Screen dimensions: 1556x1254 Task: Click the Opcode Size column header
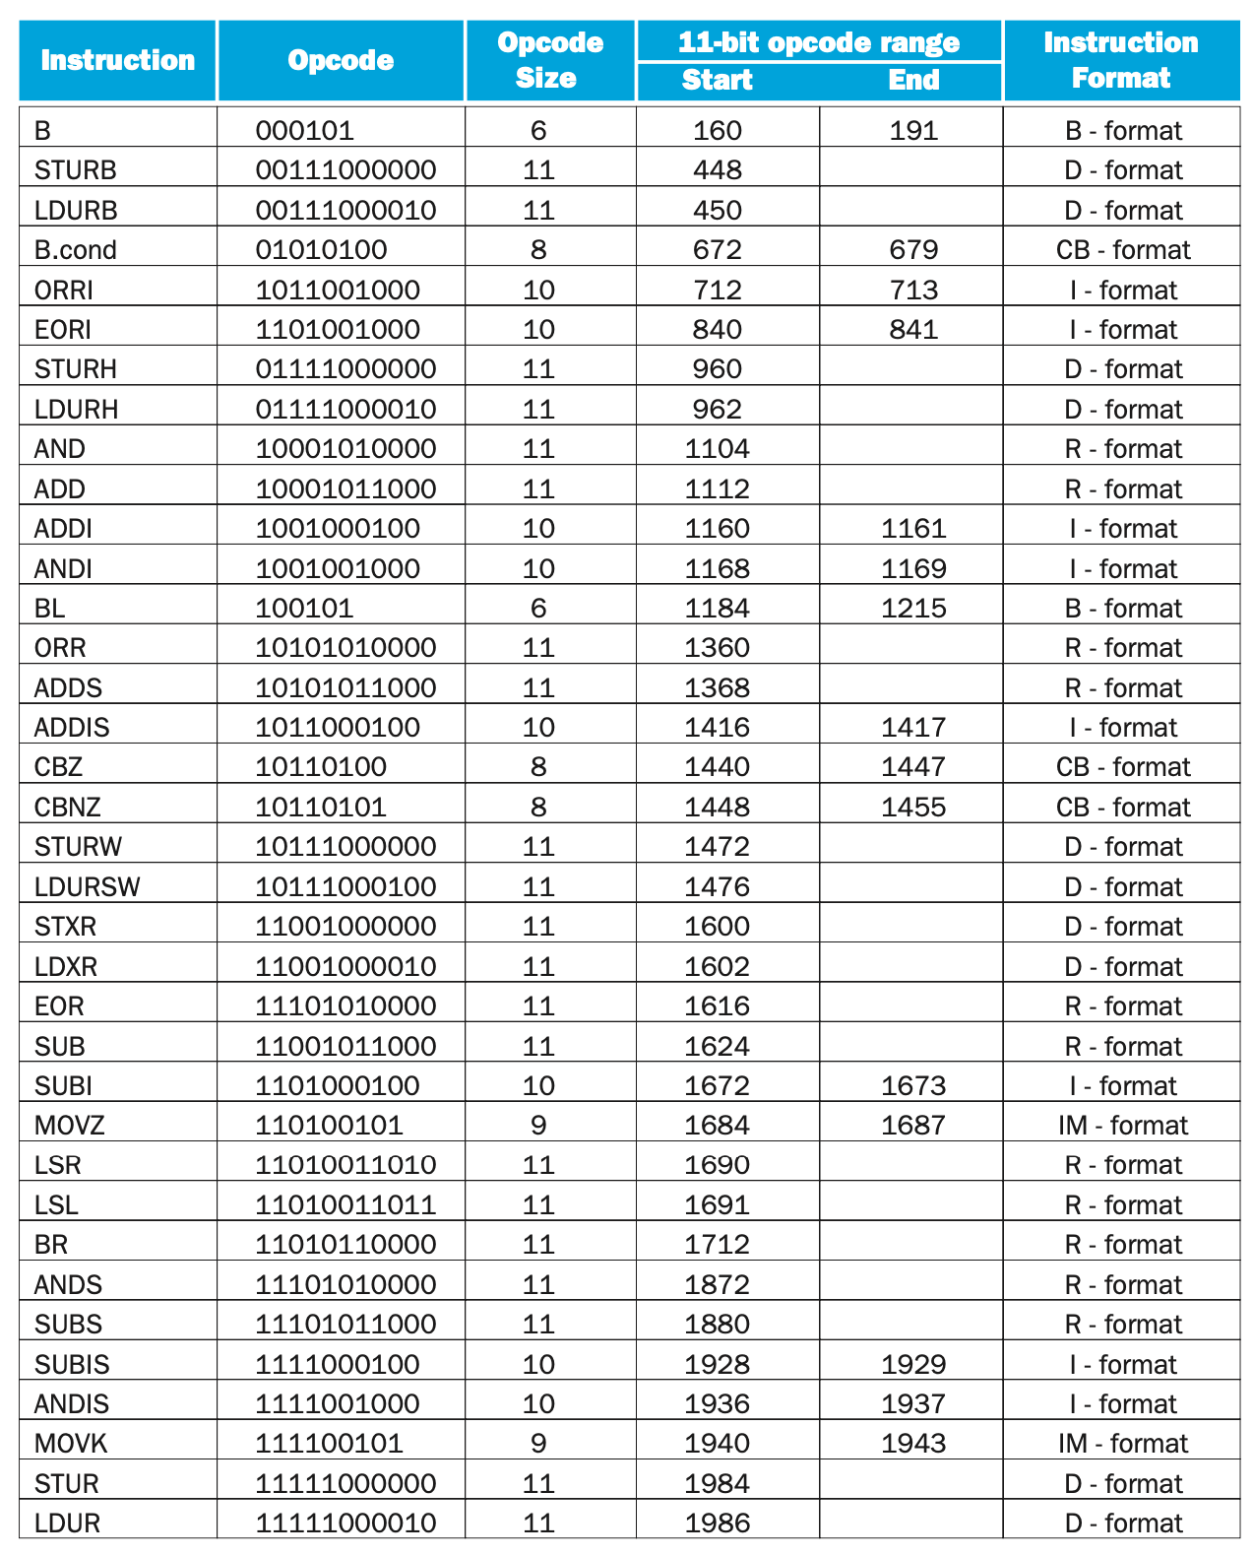(549, 60)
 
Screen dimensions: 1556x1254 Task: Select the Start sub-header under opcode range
(717, 80)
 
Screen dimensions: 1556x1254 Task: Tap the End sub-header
(913, 80)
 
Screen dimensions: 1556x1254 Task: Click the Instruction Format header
(1120, 60)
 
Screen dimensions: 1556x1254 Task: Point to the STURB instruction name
(75, 170)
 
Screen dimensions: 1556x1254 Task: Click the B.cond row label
(75, 250)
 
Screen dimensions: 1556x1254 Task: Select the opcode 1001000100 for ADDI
(338, 529)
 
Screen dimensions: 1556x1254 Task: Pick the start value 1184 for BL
(717, 609)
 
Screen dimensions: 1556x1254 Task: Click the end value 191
(913, 131)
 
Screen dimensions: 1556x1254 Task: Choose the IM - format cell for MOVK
(1122, 1444)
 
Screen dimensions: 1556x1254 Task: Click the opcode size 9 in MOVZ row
(538, 1126)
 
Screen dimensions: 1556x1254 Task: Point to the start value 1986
(717, 1524)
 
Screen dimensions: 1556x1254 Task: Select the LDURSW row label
(87, 887)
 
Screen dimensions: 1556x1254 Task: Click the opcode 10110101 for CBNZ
(321, 808)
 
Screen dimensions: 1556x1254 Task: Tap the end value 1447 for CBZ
(913, 767)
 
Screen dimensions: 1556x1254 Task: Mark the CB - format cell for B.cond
(1122, 250)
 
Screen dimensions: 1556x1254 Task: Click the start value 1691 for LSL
(717, 1205)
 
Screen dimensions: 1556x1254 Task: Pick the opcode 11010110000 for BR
(345, 1245)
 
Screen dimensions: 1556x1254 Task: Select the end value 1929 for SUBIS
(913, 1365)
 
